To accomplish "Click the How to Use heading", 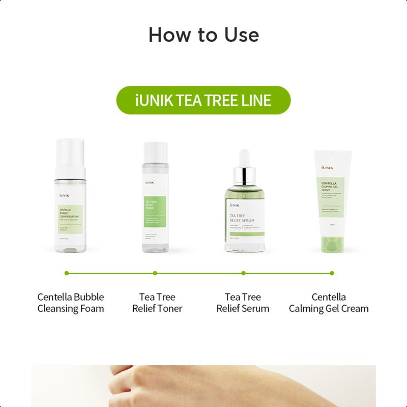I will tap(203, 35).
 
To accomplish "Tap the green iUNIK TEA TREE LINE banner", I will tap(203, 100).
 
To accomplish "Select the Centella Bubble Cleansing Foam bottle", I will tap(70, 203).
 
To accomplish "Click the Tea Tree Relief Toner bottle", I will tap(155, 203).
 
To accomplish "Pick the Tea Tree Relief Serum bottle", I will tap(244, 214).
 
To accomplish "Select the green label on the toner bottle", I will tap(155, 209).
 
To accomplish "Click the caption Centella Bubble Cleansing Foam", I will tap(70, 303).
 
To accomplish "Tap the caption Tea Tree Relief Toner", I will tap(157, 303).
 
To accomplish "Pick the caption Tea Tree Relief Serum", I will tap(243, 303).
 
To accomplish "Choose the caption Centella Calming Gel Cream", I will tap(329, 303).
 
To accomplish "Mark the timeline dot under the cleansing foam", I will tap(67, 273).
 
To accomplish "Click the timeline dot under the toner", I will tap(155, 273).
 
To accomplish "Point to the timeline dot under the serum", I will tap(244, 273).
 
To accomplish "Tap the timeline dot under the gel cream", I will tap(332, 273).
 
